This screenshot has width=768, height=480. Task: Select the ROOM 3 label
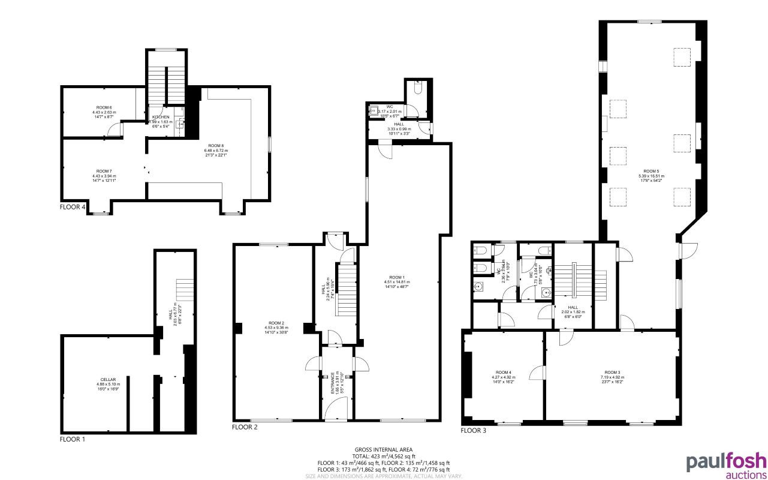612,373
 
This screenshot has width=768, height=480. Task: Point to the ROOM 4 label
503,373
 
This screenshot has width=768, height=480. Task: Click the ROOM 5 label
652,171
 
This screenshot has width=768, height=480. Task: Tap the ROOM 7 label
104,172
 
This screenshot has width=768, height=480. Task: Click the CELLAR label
108,379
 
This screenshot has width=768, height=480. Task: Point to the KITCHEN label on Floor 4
161,117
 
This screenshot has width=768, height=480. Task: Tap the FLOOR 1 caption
73,439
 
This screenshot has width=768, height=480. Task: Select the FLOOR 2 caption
245,427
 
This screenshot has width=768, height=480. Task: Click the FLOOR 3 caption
473,430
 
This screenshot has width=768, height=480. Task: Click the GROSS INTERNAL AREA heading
384,449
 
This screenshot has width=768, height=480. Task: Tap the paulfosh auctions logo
726,465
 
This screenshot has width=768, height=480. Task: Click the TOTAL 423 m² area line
384,456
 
